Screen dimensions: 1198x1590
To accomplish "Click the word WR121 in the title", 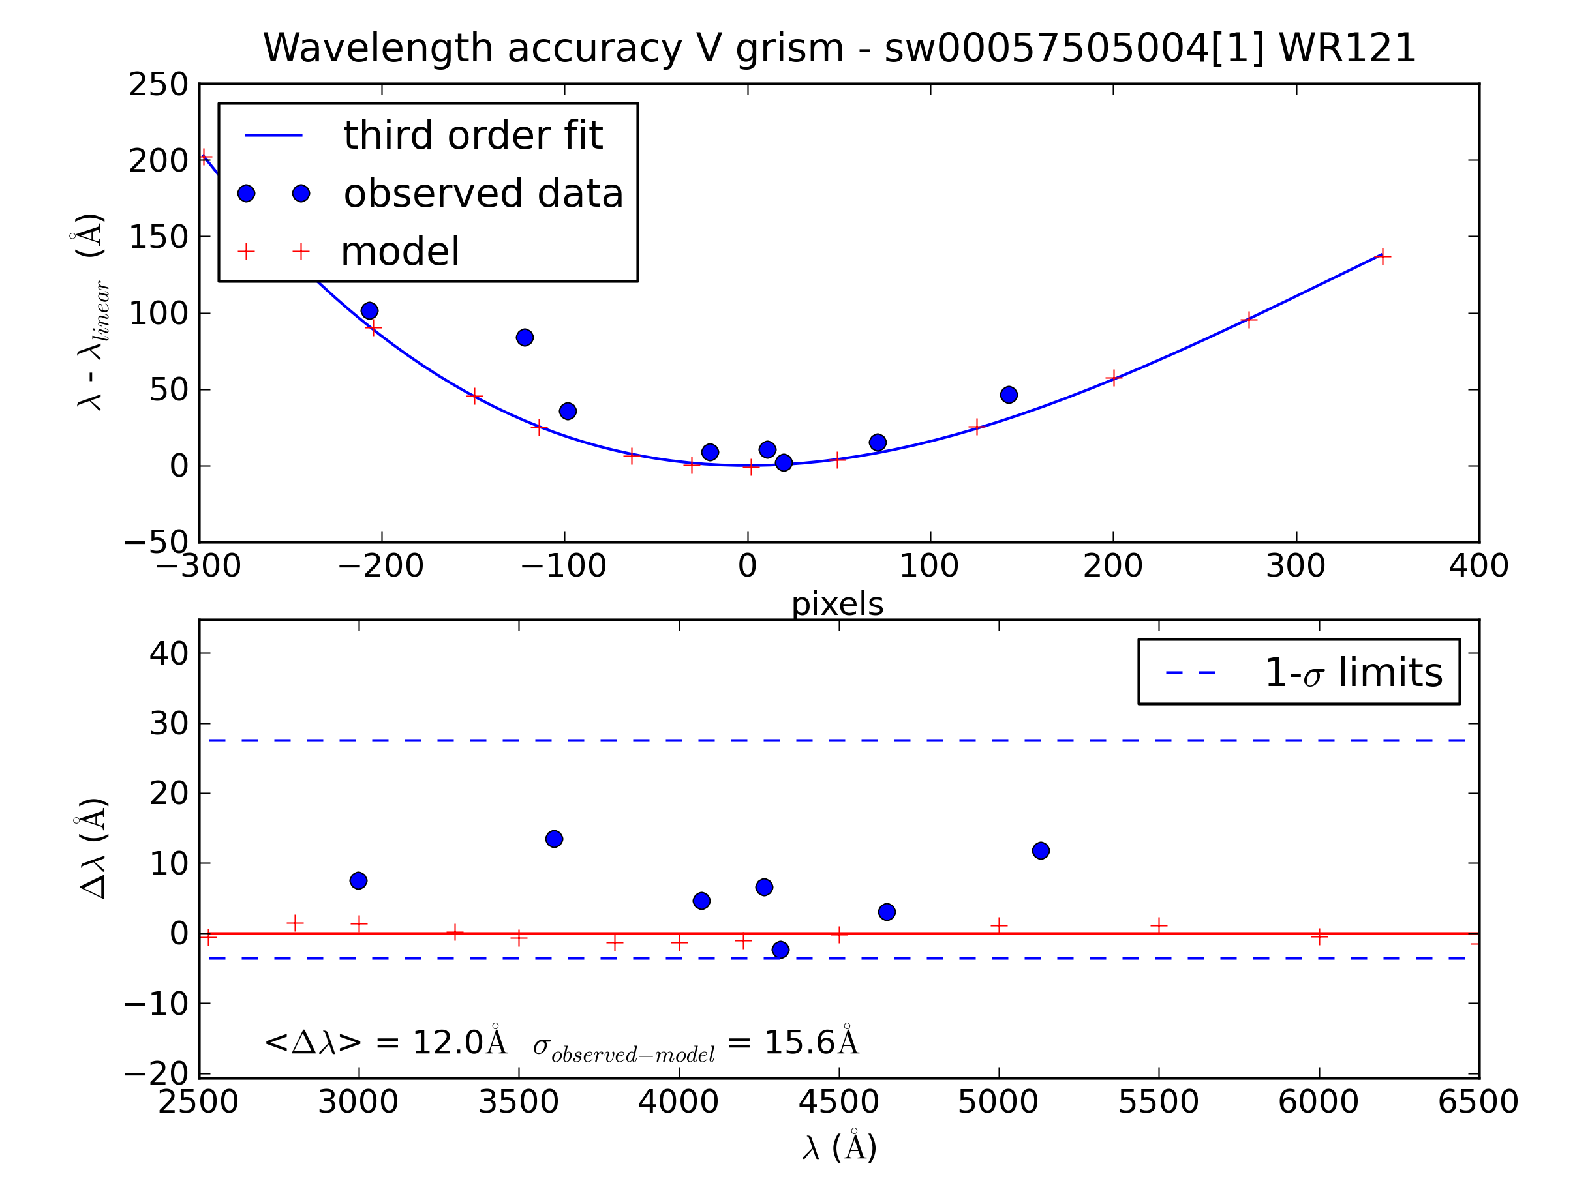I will (x=1347, y=49).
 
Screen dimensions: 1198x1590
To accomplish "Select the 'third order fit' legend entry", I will (x=472, y=135).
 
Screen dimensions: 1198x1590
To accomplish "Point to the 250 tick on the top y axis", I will (x=158, y=85).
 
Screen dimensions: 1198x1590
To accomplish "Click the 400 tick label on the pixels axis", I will (x=1478, y=566).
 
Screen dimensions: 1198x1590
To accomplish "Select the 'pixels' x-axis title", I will (x=836, y=605).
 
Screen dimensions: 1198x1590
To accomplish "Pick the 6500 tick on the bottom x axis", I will (x=1478, y=1102).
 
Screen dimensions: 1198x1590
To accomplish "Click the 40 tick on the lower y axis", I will (x=168, y=654).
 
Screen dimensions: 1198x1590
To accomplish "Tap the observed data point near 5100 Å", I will (x=1040, y=851).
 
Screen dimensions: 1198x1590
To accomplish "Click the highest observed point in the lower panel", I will (x=553, y=839).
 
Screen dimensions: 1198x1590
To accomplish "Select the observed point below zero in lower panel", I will (x=780, y=950).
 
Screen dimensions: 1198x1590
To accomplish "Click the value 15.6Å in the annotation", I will (x=811, y=1043).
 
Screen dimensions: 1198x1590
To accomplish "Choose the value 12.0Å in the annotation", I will (x=459, y=1043).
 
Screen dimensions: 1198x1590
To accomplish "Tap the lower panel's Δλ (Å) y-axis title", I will (x=93, y=848).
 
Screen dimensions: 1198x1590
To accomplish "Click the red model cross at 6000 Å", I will (x=1319, y=936).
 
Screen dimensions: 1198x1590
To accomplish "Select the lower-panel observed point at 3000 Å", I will (x=358, y=880).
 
